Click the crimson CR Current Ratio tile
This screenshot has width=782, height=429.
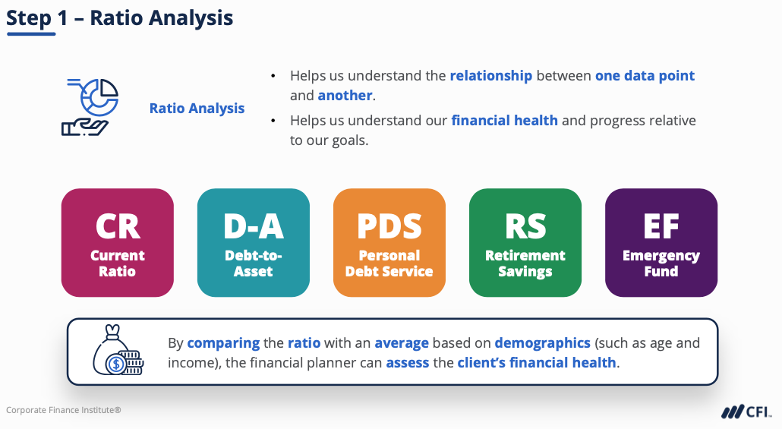tap(117, 242)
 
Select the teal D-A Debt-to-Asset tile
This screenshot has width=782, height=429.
tap(254, 242)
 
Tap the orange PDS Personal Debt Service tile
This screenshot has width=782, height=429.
tap(389, 242)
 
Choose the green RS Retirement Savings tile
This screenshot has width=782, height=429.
tap(525, 242)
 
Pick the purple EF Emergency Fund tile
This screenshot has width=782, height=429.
tap(661, 242)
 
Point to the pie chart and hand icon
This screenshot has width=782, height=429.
tap(90, 107)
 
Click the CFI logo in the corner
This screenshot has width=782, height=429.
tap(746, 412)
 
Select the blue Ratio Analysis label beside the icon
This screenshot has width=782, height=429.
tap(197, 109)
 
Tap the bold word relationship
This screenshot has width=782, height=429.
tap(491, 76)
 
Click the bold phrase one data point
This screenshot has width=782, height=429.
tap(645, 76)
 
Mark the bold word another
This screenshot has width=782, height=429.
tap(345, 95)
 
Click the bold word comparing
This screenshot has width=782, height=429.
tap(223, 343)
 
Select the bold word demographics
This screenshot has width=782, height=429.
tap(543, 343)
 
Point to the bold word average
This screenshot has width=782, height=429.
tap(402, 343)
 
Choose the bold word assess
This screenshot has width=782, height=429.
tap(408, 363)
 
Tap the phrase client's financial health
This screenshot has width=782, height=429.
tap(537, 363)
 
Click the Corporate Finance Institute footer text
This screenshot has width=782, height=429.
tap(63, 410)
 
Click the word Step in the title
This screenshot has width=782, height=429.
tap(28, 18)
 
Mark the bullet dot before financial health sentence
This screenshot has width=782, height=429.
tap(273, 121)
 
